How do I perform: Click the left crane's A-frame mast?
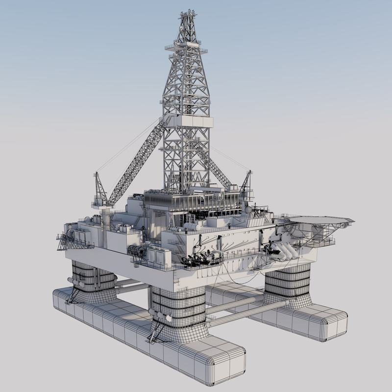100,189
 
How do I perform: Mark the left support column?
94,279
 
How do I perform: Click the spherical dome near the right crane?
248,210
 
